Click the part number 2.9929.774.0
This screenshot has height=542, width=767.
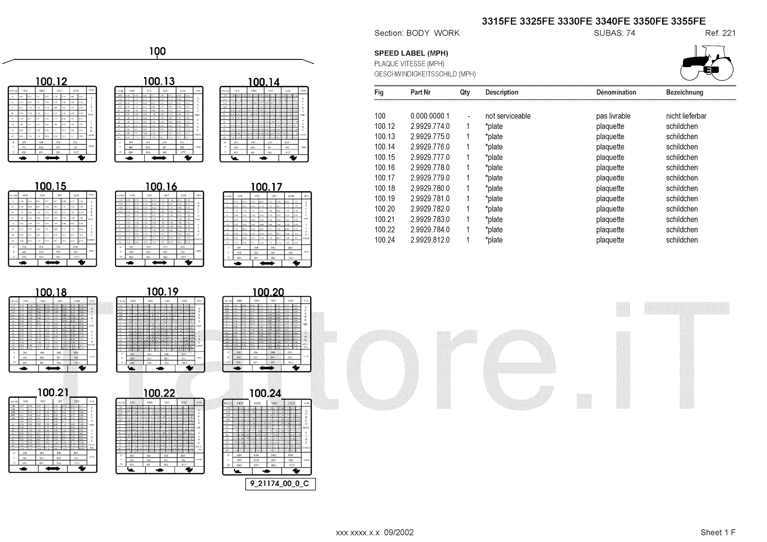click(x=430, y=127)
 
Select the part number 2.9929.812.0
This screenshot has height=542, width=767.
click(x=430, y=240)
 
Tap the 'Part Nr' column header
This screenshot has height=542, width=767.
click(x=420, y=92)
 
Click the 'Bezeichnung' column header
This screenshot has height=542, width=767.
click(x=684, y=92)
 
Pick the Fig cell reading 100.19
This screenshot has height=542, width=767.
click(x=384, y=199)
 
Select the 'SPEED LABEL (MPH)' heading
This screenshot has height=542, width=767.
click(x=411, y=53)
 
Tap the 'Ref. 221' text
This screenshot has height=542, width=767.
click(x=720, y=33)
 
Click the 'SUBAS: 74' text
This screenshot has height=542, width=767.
click(x=614, y=33)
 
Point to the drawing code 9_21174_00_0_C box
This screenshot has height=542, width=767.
click(x=280, y=484)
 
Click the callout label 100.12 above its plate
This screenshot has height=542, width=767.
click(x=51, y=81)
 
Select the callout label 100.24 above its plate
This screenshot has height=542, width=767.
click(x=266, y=393)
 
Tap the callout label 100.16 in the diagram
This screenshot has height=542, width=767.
click(x=161, y=186)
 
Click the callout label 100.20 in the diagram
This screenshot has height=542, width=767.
click(x=268, y=292)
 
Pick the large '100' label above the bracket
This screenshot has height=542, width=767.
click(x=157, y=51)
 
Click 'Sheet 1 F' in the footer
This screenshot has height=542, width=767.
click(x=718, y=532)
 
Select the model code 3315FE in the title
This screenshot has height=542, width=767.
click(x=499, y=21)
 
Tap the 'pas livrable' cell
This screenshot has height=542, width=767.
click(x=613, y=116)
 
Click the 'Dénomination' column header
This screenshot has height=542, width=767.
click(x=616, y=92)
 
